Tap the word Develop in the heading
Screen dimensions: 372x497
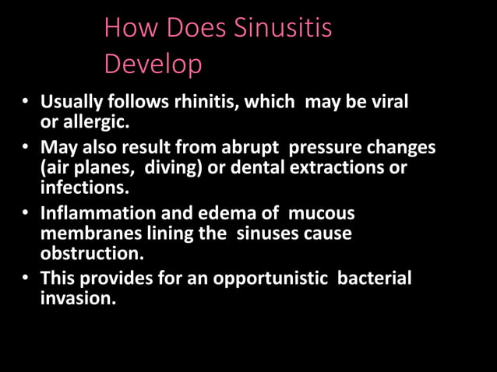click(x=153, y=63)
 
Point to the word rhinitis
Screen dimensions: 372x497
click(x=214, y=102)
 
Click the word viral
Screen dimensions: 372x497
click(x=389, y=102)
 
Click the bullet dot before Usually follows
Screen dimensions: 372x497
click(x=26, y=103)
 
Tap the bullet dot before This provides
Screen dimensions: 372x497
click(x=26, y=278)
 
